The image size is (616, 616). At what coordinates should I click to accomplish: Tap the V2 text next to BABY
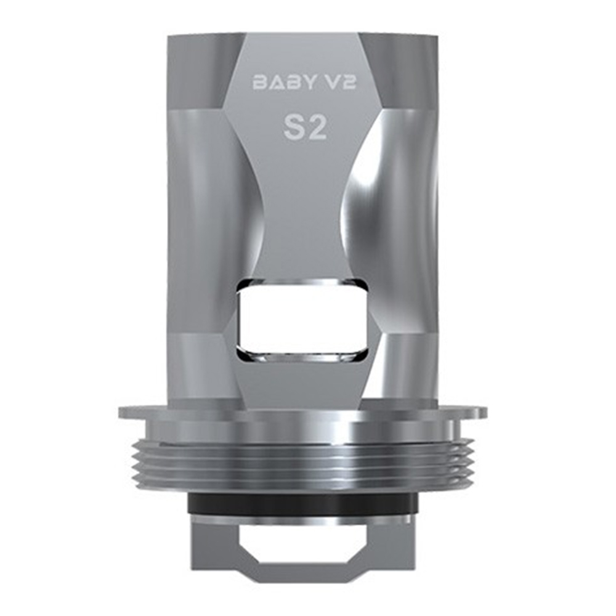coord(338,82)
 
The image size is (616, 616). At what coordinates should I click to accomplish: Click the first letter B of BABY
coord(259,82)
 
